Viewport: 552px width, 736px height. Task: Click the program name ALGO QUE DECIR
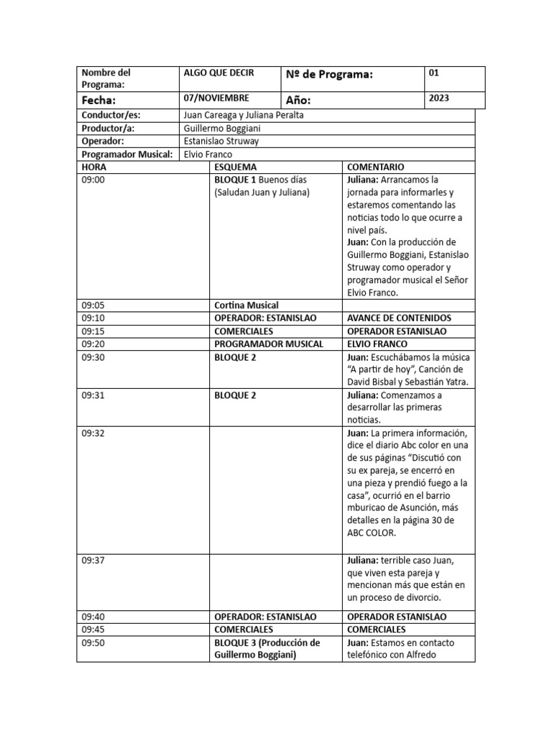pyautogui.click(x=219, y=73)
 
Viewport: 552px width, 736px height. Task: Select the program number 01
pyautogui.click(x=433, y=73)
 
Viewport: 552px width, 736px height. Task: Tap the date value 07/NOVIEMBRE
pyautogui.click(x=216, y=97)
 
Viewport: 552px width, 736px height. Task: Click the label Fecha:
pyautogui.click(x=98, y=101)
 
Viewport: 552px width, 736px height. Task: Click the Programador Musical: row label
pyautogui.click(x=126, y=154)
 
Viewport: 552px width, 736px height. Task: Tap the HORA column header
pyautogui.click(x=93, y=167)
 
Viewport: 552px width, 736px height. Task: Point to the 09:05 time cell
pyautogui.click(x=93, y=305)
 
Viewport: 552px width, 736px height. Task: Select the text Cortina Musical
pyautogui.click(x=246, y=305)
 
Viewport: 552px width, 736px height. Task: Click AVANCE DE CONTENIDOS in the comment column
pyautogui.click(x=398, y=318)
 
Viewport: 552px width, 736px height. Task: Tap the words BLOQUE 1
pyautogui.click(x=235, y=180)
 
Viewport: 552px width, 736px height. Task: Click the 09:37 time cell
pyautogui.click(x=93, y=559)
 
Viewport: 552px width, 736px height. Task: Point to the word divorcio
pyautogui.click(x=418, y=597)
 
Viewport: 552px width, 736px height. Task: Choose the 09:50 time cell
pyautogui.click(x=93, y=643)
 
